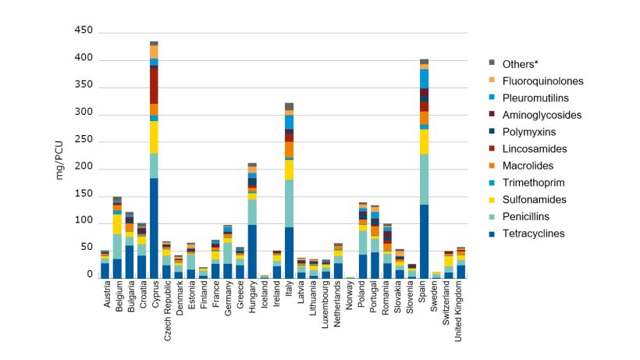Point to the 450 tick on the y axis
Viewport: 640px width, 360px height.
click(x=84, y=31)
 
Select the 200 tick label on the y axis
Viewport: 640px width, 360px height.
click(x=84, y=167)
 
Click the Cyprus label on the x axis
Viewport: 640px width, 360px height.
click(x=155, y=294)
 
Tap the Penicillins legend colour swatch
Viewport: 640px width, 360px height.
click(x=492, y=216)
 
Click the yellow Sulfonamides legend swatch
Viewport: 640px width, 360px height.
click(x=492, y=199)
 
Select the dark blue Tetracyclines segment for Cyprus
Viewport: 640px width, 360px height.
click(x=155, y=227)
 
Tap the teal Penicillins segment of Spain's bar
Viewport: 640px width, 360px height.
click(x=424, y=179)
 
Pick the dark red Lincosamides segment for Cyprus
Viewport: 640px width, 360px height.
click(x=155, y=86)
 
